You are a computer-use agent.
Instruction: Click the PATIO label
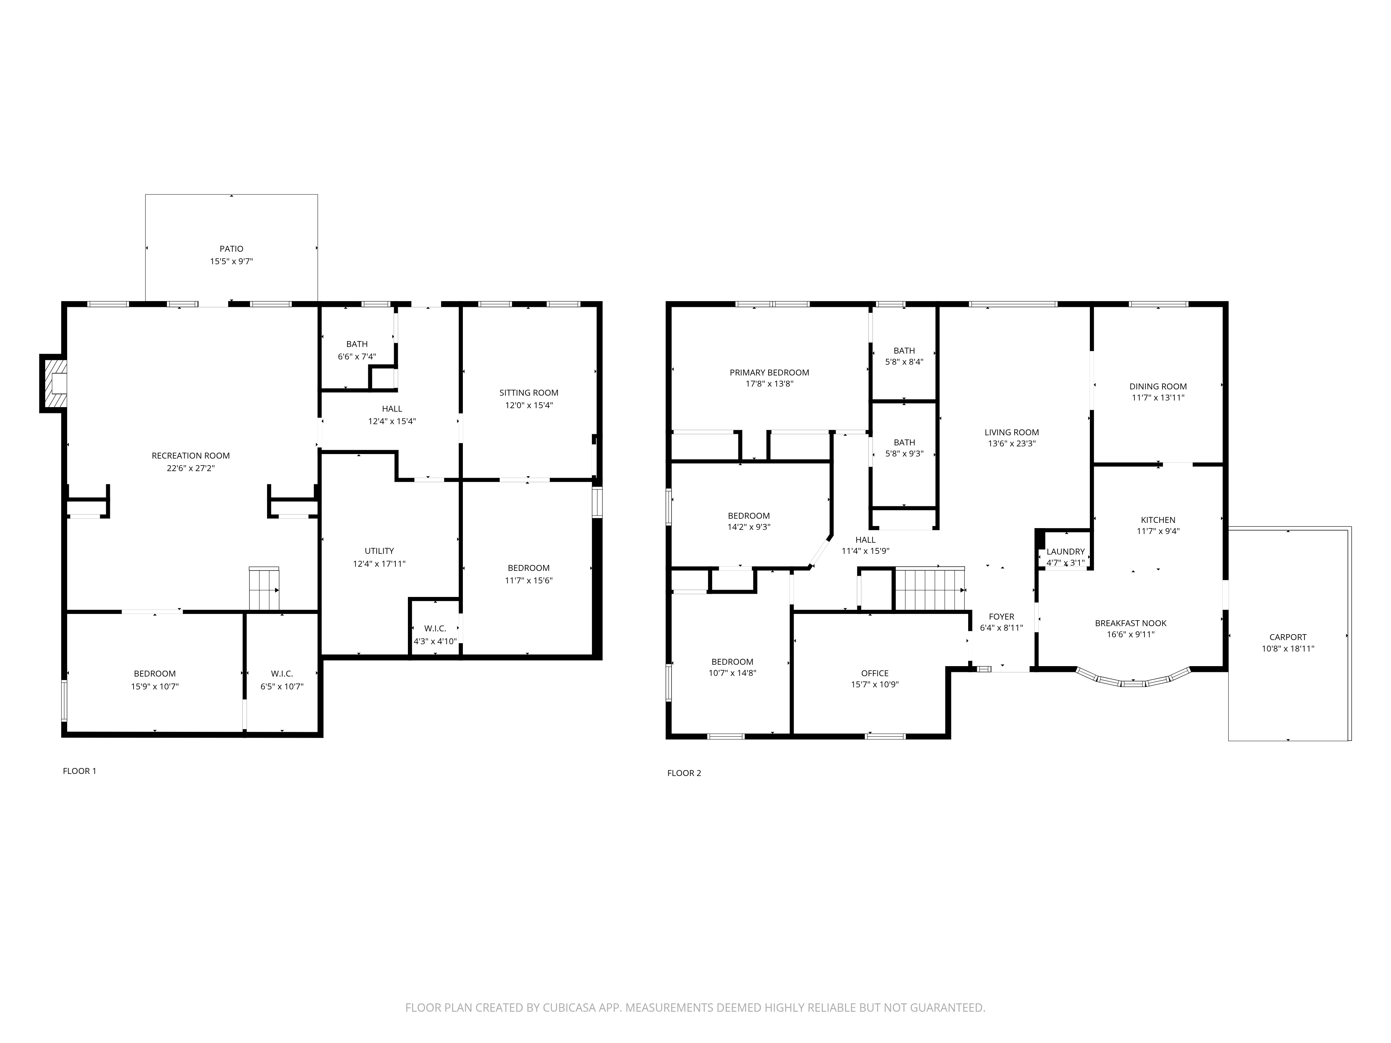(x=231, y=249)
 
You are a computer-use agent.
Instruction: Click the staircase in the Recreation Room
(x=264, y=589)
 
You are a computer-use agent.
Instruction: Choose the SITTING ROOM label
(x=529, y=393)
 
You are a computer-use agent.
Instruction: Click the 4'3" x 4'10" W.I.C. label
(x=435, y=641)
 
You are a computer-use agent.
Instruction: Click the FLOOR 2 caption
(x=684, y=773)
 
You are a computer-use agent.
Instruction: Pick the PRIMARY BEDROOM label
(x=769, y=373)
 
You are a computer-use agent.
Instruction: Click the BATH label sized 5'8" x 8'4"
(x=904, y=351)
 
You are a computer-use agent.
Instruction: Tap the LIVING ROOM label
(x=1012, y=432)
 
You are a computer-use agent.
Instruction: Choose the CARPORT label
(x=1288, y=637)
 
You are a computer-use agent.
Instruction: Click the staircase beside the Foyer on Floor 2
(x=930, y=589)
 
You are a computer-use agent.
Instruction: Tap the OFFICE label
(x=875, y=673)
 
